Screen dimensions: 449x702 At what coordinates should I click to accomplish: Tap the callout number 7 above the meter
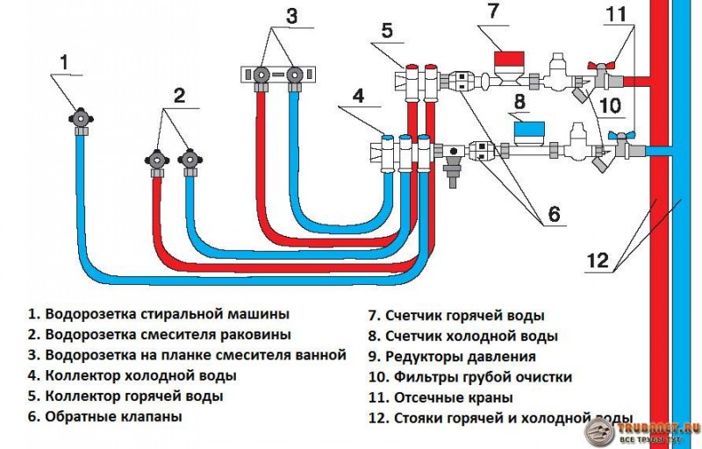tap(493, 11)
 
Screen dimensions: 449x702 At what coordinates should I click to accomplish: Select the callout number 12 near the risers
tap(597, 260)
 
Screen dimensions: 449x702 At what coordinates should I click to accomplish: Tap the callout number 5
tap(387, 29)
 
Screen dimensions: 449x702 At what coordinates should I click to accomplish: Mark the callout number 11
tap(617, 14)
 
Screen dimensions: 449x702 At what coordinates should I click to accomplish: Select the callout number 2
tap(179, 96)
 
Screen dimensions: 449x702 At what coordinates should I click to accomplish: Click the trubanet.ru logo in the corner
tap(644, 430)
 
